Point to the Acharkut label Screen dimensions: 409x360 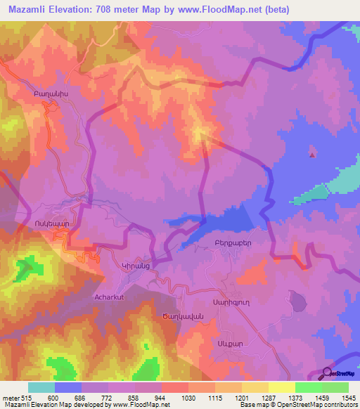point(109,297)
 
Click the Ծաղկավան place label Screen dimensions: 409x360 point(186,316)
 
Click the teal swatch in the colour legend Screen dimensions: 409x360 point(41,388)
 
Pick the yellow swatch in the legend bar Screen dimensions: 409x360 point(281,388)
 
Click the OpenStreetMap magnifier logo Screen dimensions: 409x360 point(326,374)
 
